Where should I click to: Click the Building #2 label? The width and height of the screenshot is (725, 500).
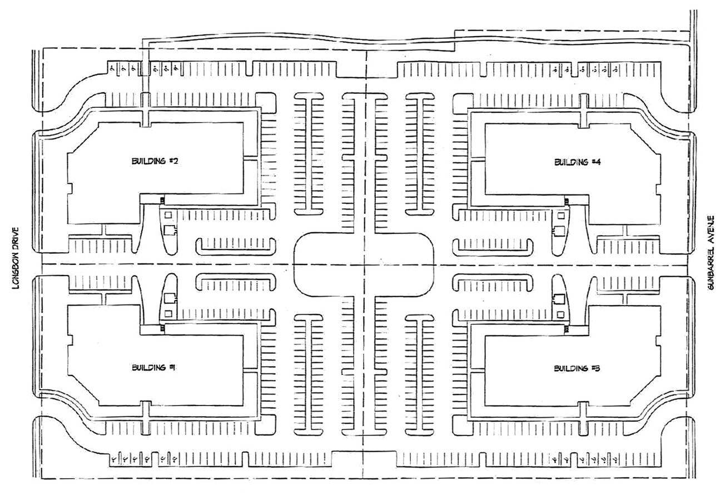(147, 161)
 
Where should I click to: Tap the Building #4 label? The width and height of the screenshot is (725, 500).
(570, 162)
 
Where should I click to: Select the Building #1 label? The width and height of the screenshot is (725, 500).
(146, 367)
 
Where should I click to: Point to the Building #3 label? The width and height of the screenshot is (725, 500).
(570, 368)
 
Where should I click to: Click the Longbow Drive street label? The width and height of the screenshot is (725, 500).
(16, 258)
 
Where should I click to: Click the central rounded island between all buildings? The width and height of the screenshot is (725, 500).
(364, 264)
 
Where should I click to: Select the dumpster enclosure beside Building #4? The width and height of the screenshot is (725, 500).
(559, 223)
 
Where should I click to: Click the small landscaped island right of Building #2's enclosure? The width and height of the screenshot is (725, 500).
(236, 244)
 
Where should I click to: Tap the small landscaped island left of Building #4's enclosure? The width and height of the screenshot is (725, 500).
(493, 244)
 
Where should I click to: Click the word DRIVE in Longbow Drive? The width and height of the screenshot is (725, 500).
(16, 239)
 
